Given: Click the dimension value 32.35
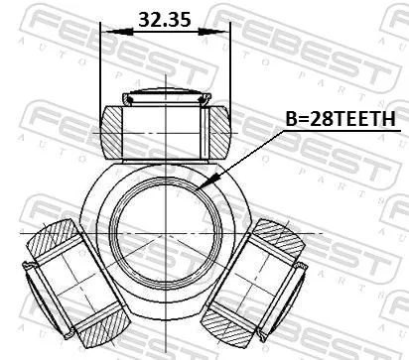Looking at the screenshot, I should click(x=164, y=19).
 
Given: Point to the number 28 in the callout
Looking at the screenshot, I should click(x=321, y=119).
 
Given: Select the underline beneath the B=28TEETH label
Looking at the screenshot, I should click(x=338, y=131).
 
